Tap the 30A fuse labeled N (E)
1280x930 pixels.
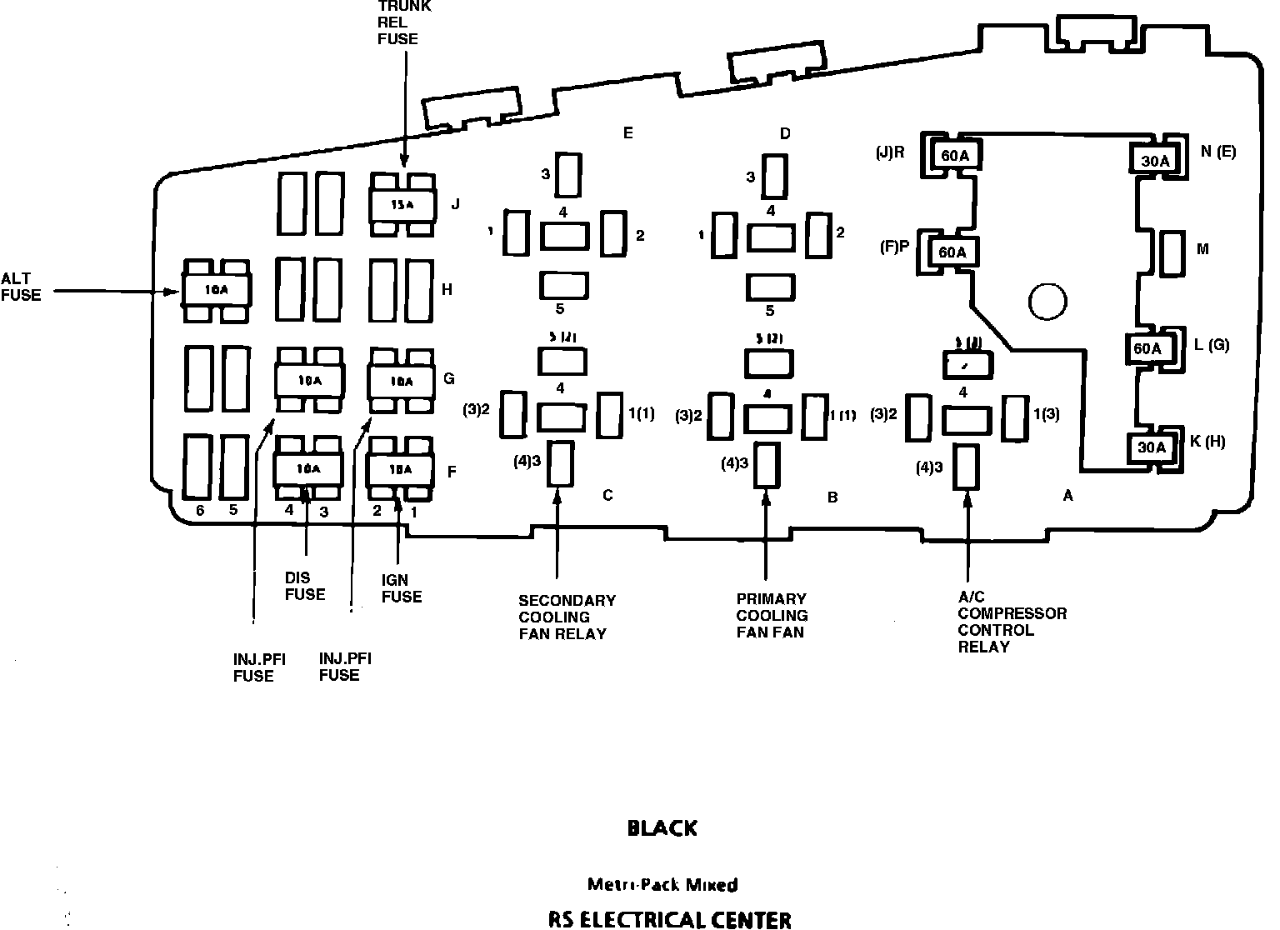point(1154,160)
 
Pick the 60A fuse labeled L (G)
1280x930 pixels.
point(1147,347)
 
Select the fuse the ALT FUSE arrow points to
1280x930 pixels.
point(216,290)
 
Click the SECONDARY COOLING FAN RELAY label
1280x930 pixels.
point(567,617)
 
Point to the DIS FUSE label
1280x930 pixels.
point(304,586)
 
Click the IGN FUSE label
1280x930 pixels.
point(401,588)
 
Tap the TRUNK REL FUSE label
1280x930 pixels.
point(403,22)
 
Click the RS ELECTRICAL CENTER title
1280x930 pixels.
point(669,919)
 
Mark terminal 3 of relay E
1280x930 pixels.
point(569,174)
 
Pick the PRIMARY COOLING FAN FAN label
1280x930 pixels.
point(772,615)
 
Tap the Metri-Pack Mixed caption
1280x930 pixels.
point(662,884)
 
